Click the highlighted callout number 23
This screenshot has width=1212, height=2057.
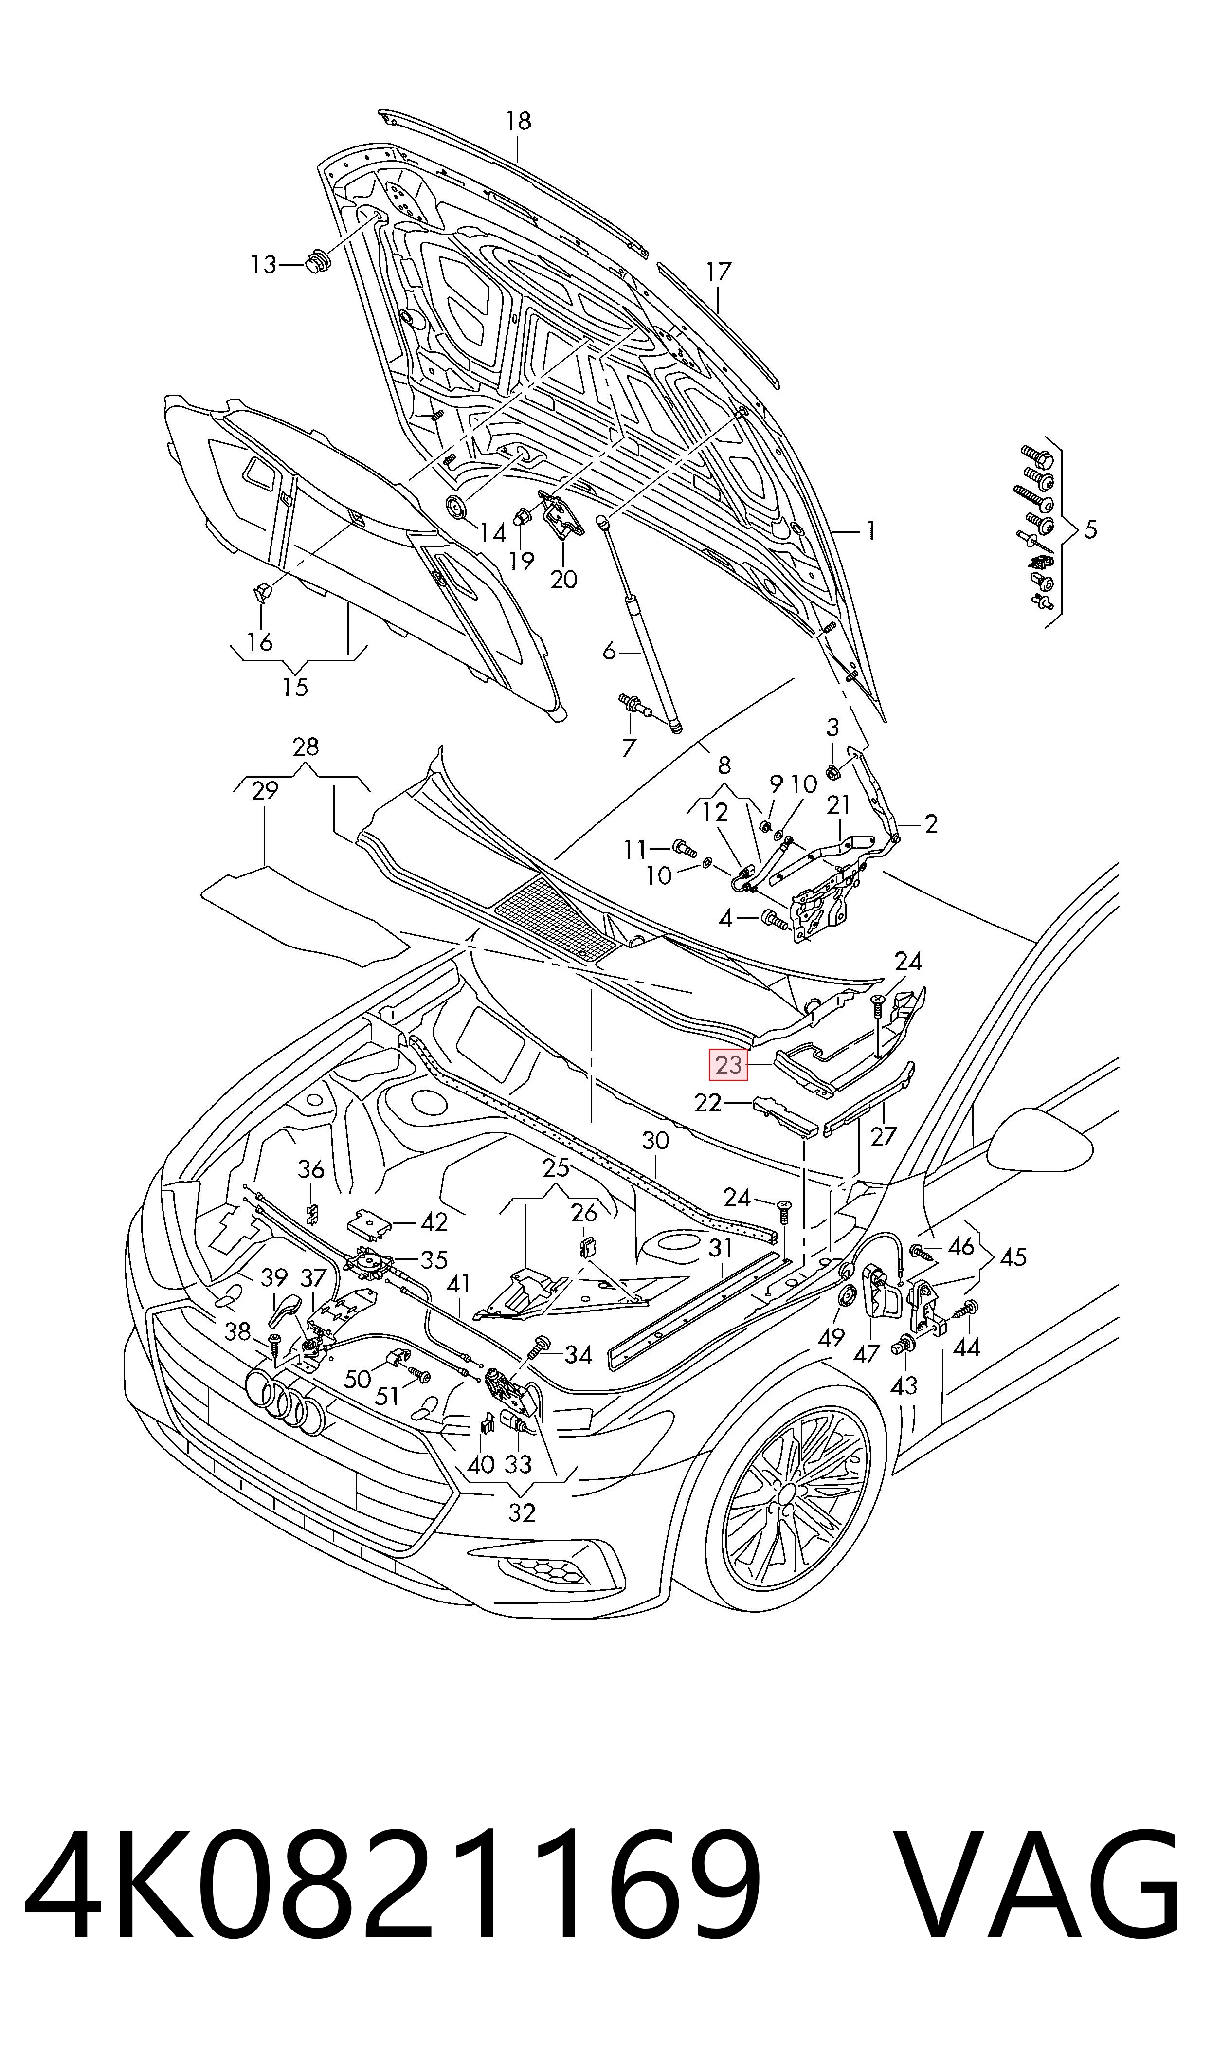[x=728, y=1065]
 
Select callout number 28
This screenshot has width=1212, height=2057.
[x=306, y=747]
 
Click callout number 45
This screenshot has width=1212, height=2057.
[x=1013, y=1257]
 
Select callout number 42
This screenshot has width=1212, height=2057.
[x=434, y=1222]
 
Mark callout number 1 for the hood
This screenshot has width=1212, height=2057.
[x=870, y=531]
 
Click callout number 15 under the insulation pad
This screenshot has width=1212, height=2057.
[x=295, y=688]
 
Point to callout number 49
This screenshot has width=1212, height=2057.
[x=832, y=1338]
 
